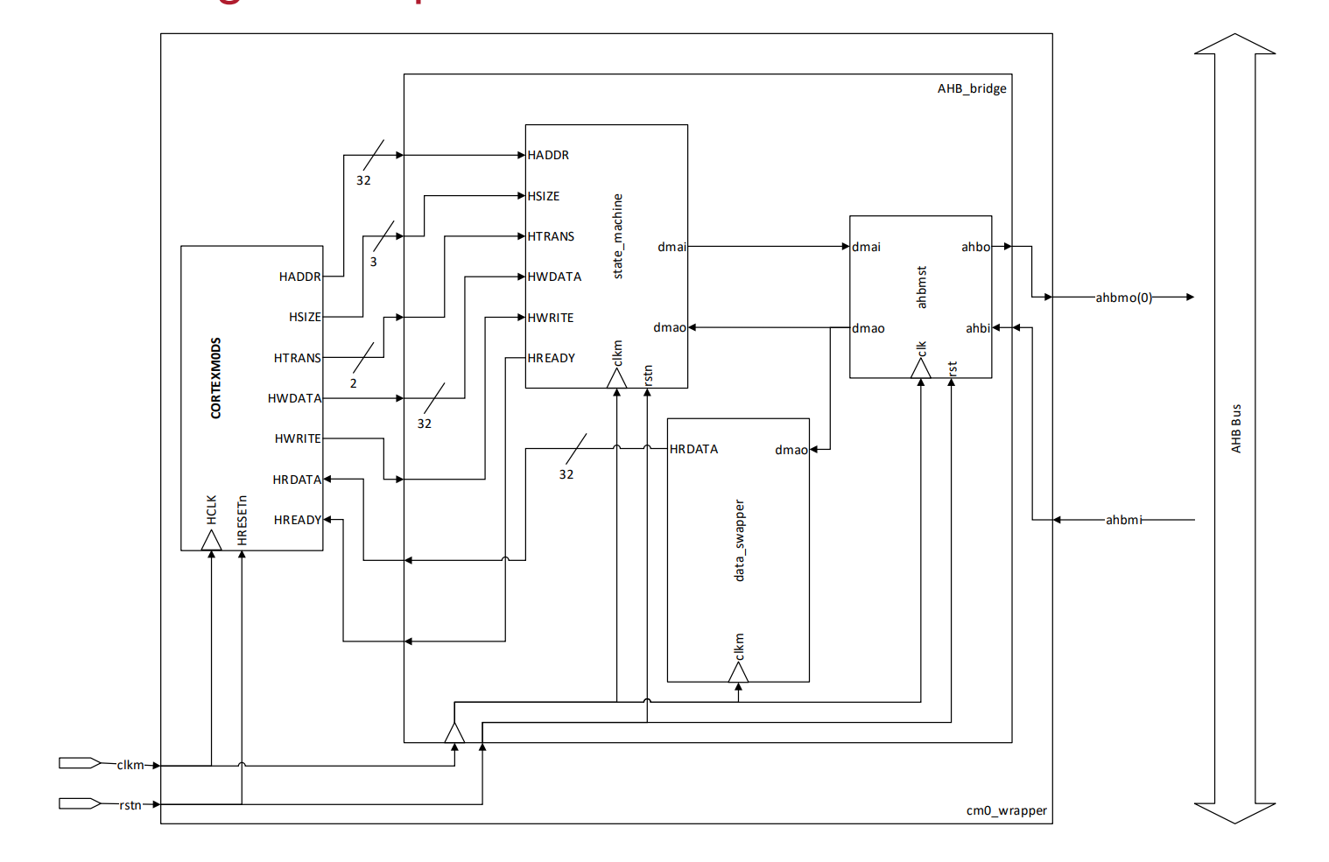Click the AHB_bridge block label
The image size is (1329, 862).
pos(972,88)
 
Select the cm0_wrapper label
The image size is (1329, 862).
pos(1006,810)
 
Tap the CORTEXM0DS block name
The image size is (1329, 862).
pos(216,378)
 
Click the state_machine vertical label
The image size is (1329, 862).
pos(618,236)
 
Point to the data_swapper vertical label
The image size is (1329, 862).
pos(739,540)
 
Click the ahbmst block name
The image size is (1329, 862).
pos(921,287)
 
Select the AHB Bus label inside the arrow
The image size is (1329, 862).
pos(1236,428)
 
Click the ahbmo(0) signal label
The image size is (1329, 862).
pos(1123,298)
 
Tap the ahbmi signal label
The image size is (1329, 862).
pos(1123,520)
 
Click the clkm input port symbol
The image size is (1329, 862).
pos(80,763)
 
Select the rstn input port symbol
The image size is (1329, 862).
pos(80,803)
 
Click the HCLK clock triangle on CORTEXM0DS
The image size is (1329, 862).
pos(211,541)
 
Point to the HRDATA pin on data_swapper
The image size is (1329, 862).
pos(693,449)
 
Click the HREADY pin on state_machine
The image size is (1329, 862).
pos(551,358)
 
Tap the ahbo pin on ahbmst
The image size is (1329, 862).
pos(975,247)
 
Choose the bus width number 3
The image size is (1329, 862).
pos(374,262)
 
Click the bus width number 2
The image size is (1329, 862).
pos(354,383)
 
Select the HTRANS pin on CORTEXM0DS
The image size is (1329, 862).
pos(297,358)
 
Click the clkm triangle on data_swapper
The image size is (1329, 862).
pos(738,672)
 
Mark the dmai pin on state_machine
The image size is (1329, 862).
pos(672,247)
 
